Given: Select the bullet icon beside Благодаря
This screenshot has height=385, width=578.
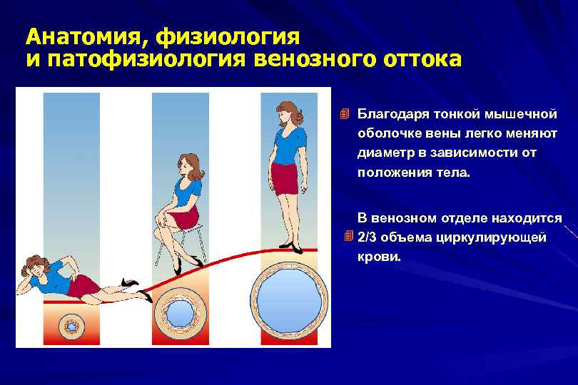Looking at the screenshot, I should [345, 115].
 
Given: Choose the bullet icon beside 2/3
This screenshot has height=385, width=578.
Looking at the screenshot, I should [348, 236].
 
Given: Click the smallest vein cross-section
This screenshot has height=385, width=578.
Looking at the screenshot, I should [71, 326].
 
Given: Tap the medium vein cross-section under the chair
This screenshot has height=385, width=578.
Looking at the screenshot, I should [179, 312].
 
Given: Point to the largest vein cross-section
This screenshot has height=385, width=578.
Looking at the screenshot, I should [290, 299].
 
